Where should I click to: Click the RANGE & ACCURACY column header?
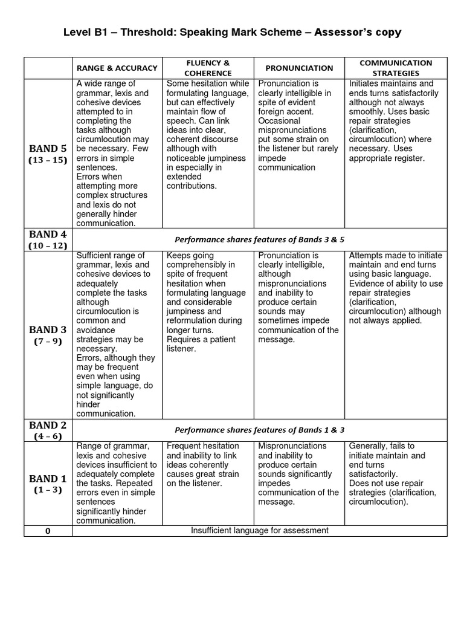[x=117, y=68]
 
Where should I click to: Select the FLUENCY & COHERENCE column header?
[x=207, y=68]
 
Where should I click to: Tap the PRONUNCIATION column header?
[x=298, y=68]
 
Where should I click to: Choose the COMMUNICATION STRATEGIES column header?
[x=396, y=68]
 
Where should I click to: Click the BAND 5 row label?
[x=48, y=149]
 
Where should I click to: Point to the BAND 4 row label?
[x=48, y=235]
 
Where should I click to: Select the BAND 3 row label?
[x=48, y=330]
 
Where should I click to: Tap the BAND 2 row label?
[x=48, y=425]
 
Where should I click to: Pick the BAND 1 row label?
[x=48, y=479]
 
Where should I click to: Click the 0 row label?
[x=48, y=531]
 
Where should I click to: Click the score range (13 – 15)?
[x=48, y=160]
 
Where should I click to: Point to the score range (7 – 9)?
[x=48, y=342]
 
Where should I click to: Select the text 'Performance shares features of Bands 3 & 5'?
[x=259, y=239]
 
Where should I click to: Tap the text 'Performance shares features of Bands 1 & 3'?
[x=259, y=430]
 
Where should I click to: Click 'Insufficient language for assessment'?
[x=259, y=531]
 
